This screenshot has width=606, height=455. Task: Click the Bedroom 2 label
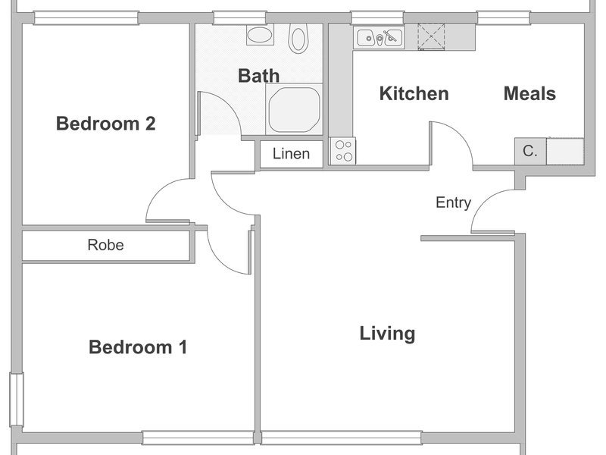click(x=106, y=124)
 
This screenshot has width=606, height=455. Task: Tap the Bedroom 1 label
click(x=138, y=347)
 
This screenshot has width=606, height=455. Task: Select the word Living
click(x=387, y=334)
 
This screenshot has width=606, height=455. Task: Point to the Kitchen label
click(x=414, y=93)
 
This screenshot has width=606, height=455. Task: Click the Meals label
click(x=529, y=93)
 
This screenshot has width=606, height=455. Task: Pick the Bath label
click(x=258, y=76)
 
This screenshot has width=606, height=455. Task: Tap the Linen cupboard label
click(x=291, y=154)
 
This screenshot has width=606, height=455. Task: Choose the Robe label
click(x=105, y=245)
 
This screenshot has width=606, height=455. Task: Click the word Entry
click(x=453, y=202)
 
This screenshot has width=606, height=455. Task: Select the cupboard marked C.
click(x=529, y=151)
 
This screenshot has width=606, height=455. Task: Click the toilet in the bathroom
click(x=298, y=38)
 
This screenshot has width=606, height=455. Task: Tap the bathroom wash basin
click(x=260, y=35)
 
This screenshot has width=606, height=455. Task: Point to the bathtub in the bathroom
click(x=294, y=109)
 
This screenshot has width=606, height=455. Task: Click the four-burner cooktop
click(x=343, y=151)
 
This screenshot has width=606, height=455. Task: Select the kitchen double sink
click(x=379, y=38)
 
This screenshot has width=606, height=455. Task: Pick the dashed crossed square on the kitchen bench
click(x=431, y=36)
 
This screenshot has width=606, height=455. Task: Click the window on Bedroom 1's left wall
click(x=17, y=400)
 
